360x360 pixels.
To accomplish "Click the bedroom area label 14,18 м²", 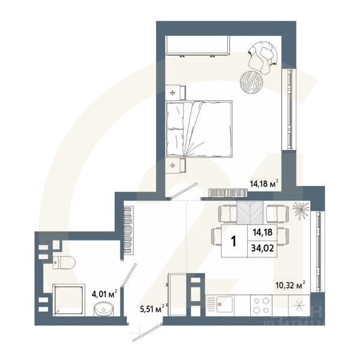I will pos(263,184).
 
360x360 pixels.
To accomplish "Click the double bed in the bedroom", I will pos(198,128).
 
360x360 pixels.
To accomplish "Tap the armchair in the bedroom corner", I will pos(262,55).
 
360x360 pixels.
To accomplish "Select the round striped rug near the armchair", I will pos(251,81).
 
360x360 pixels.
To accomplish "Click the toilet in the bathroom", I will pos(63,262).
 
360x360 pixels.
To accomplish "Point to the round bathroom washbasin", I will pos(104,310).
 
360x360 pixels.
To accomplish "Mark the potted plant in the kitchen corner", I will pos(300,209).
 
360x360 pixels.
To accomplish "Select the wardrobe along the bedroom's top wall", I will pos(198,46).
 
